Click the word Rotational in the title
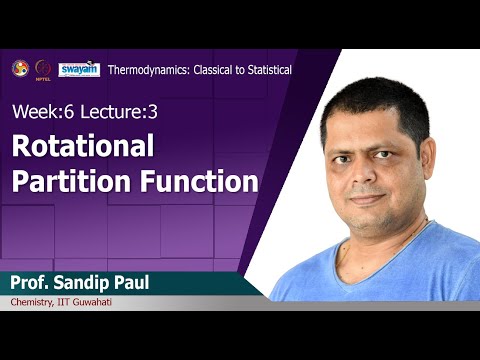click(83, 146)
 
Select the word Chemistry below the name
click(37, 303)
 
